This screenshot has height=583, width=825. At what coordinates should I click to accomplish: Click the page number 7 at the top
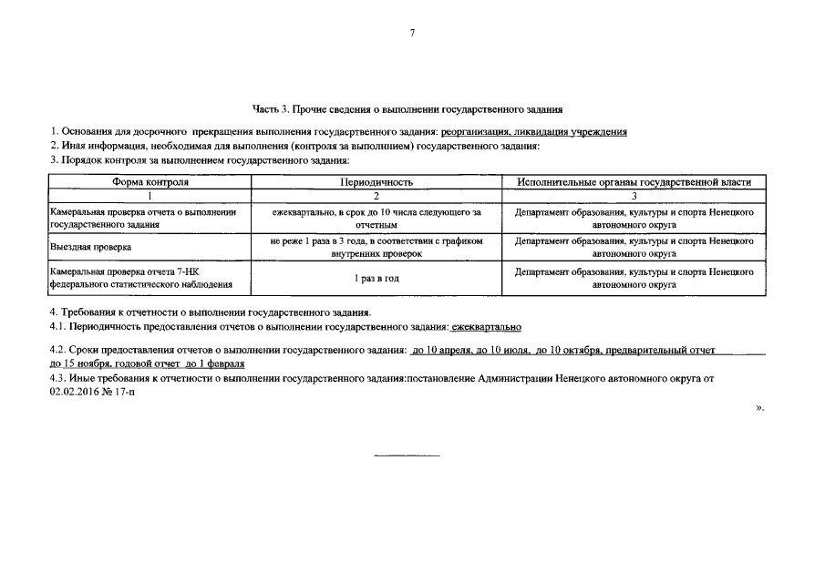point(412,33)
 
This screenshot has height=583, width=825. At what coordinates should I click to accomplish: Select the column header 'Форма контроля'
point(150,182)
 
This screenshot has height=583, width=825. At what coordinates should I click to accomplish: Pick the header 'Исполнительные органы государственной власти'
point(634,182)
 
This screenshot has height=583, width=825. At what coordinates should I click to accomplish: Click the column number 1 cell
point(150,195)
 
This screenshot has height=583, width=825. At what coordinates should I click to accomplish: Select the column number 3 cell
point(634,195)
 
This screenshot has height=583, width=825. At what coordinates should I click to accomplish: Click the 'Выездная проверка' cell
point(91,247)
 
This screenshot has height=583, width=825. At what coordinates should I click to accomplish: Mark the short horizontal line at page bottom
point(407,454)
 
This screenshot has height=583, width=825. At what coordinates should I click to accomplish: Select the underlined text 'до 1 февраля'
point(213,363)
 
